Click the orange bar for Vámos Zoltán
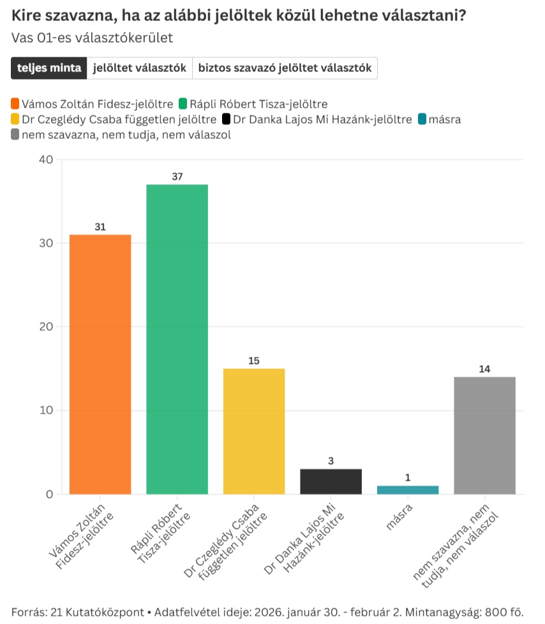click(100, 364)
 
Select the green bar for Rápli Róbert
click(177, 339)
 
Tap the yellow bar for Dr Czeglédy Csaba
click(254, 431)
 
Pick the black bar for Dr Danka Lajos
click(331, 481)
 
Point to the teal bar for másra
click(408, 490)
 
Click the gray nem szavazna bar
click(484, 435)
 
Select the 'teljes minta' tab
click(49, 68)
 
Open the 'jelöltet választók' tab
click(139, 68)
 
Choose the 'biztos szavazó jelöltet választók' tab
click(285, 68)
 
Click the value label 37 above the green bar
click(177, 177)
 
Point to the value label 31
click(100, 227)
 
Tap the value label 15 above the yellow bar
click(254, 361)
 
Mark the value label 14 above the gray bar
click(484, 369)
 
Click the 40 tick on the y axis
click(45, 160)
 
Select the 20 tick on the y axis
click(45, 327)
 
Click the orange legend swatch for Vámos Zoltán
click(15, 103)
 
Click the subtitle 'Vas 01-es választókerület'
click(92, 38)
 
